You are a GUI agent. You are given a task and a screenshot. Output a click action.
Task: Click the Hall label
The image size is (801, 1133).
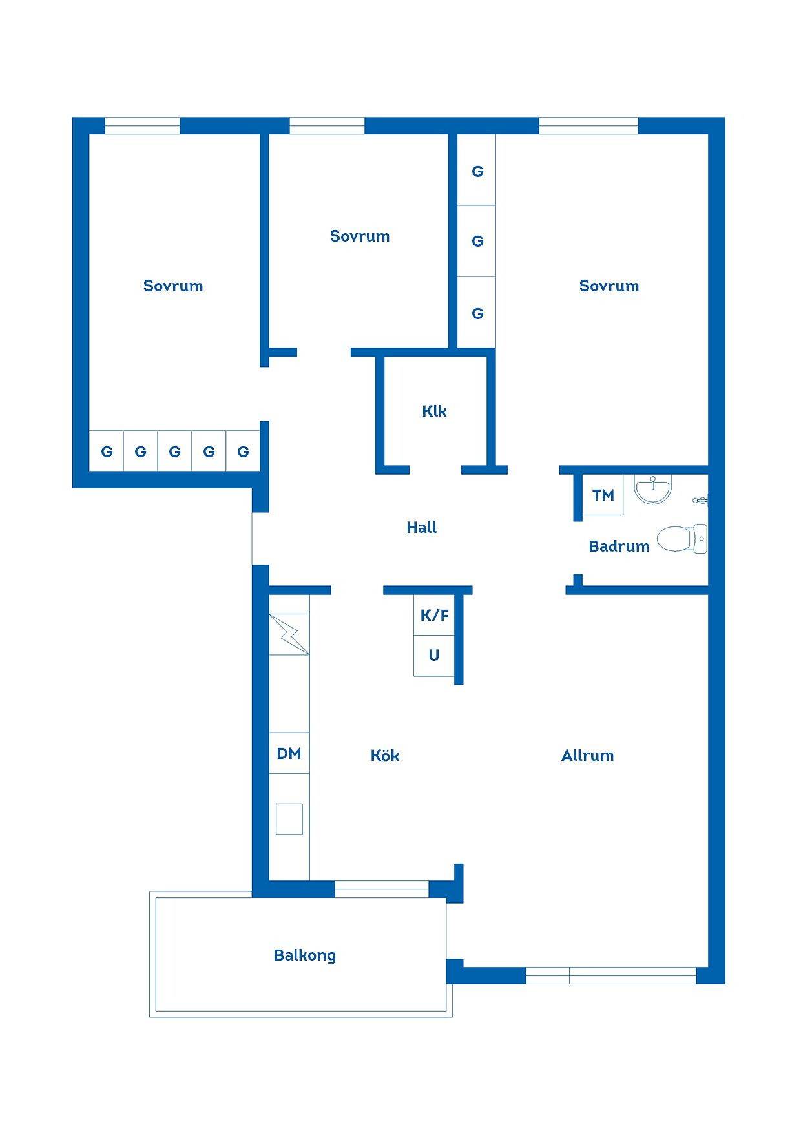(421, 528)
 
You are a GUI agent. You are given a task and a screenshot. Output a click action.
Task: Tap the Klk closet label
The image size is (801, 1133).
(434, 411)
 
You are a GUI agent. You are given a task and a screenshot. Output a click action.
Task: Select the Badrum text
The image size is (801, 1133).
(619, 546)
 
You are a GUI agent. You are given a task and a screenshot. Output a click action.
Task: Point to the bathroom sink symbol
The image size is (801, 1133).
(653, 489)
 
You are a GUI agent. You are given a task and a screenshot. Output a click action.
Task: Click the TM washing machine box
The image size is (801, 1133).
(603, 495)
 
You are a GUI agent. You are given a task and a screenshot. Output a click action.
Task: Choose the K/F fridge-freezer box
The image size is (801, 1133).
(434, 615)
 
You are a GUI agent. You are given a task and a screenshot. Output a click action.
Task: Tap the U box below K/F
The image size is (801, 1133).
(434, 656)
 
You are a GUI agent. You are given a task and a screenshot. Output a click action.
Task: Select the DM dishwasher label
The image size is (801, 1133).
(289, 753)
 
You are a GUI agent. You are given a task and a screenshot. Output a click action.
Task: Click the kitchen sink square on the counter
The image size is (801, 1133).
(289, 819)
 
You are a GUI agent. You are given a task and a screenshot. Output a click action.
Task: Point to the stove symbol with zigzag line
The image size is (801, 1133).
(289, 634)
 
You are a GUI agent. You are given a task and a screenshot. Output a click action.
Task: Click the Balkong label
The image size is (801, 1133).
(305, 955)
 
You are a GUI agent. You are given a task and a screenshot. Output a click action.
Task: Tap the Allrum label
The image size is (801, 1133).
(587, 756)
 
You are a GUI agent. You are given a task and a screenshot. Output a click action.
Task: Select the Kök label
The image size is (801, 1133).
(385, 755)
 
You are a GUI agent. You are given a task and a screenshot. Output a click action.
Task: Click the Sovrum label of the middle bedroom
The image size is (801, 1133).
(360, 236)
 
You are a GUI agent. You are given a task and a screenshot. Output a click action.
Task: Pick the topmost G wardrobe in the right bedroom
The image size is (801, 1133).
(477, 171)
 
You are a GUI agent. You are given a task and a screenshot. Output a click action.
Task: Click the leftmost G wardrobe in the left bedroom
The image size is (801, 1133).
(107, 451)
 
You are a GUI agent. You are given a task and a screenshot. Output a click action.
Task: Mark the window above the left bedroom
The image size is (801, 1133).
(142, 125)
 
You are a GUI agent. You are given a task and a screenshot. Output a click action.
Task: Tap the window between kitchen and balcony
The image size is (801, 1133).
(382, 889)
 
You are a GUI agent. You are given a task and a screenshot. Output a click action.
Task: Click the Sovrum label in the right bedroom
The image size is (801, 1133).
(609, 286)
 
